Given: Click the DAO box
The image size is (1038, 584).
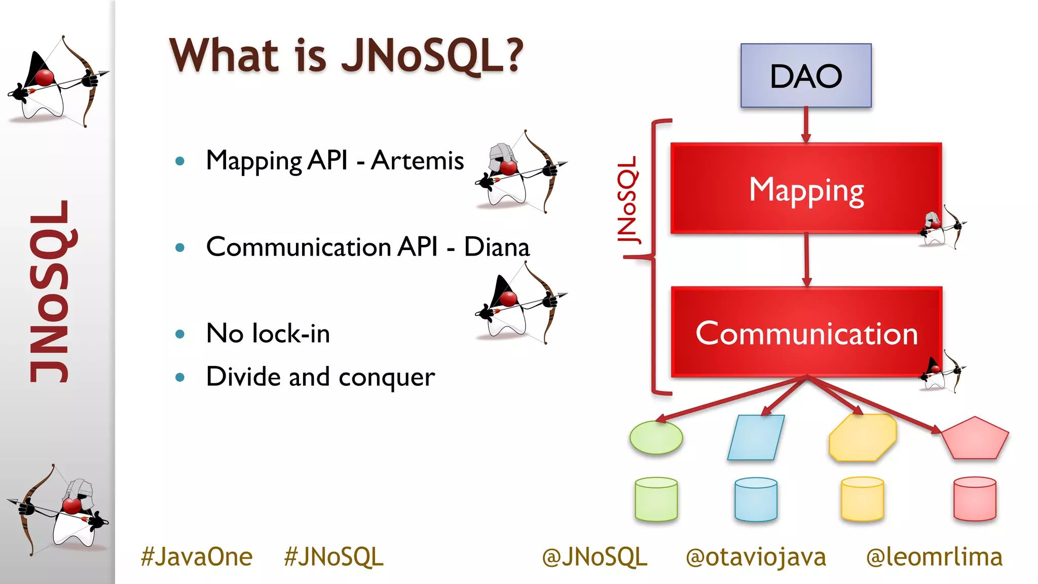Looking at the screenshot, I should click(806, 76).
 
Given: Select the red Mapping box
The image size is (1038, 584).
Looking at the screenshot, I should click(806, 189).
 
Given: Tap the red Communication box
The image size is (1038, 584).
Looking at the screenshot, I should click(806, 333).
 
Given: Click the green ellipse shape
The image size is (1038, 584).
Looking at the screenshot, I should click(656, 437).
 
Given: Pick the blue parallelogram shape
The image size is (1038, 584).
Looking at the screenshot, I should click(756, 437).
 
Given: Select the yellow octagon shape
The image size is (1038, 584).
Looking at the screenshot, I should click(862, 437).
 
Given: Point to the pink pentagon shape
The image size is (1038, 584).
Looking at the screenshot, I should click(975, 440).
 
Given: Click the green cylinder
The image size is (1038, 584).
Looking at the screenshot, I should click(656, 499).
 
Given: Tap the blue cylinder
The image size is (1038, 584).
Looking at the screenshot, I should click(756, 499).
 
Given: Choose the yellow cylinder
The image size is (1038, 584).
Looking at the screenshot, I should click(862, 499).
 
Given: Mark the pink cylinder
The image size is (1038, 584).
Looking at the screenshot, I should click(975, 499).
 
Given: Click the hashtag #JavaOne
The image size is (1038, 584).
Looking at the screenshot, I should click(197, 557).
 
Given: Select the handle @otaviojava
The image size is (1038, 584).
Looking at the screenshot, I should click(756, 557).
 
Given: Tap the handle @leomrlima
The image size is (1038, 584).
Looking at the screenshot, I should click(934, 557).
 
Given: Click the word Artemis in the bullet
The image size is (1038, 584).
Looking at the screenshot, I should click(417, 161).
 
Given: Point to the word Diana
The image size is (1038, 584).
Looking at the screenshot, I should click(497, 247).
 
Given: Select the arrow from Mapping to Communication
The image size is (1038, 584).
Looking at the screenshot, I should click(806, 260).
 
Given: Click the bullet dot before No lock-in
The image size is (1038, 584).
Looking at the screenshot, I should click(180, 334).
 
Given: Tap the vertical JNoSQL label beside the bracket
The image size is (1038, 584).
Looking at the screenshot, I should click(627, 200).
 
